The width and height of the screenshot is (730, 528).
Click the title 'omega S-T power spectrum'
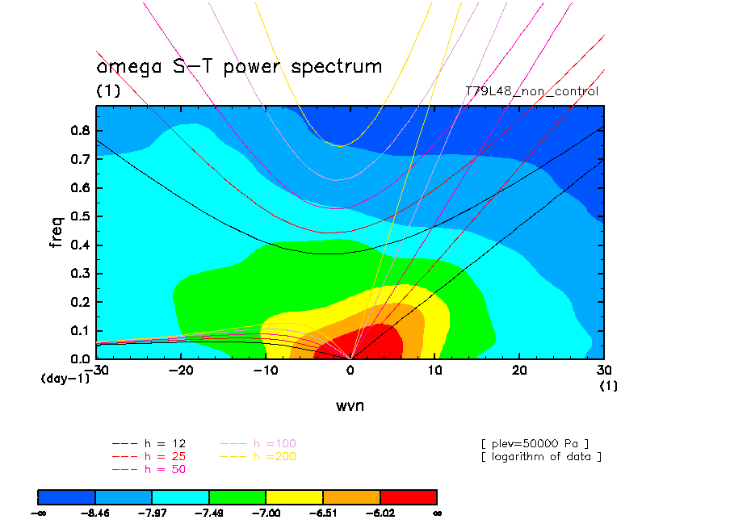click(239, 66)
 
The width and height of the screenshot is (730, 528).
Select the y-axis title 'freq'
click(57, 229)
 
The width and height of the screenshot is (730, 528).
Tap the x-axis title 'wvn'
click(350, 405)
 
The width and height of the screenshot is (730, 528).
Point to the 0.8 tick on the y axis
click(81, 131)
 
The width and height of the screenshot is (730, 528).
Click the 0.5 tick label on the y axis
click(81, 216)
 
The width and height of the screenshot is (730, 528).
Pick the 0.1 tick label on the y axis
click(81, 330)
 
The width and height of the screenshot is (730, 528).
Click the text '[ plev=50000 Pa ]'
click(535, 443)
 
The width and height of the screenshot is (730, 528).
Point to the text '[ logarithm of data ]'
click(541, 456)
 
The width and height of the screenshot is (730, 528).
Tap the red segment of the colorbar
click(408, 496)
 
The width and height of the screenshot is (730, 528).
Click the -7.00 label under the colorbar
click(266, 512)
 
